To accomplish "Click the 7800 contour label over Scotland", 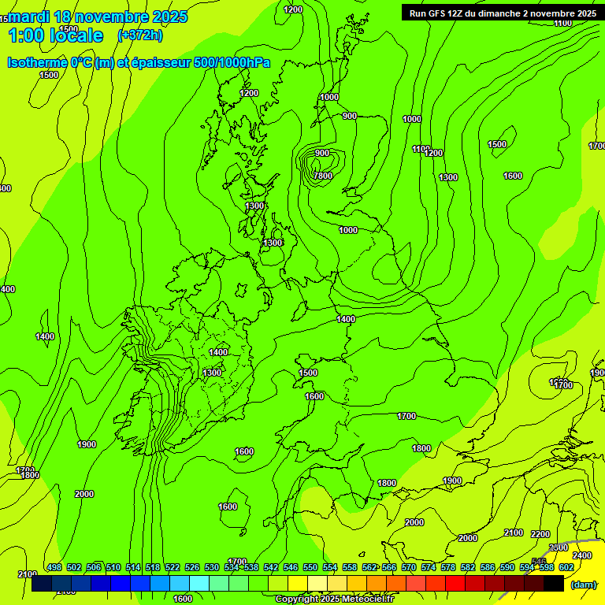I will pos(322,176).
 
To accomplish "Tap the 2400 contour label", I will pos(582,555).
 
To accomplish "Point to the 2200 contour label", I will pos(540,534).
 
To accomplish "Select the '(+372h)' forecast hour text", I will pos(139,35).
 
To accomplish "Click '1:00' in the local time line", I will pos(24,35).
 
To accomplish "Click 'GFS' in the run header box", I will pos(440,13).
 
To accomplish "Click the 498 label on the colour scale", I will pos(54,567).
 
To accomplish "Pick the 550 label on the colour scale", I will pos(310,567).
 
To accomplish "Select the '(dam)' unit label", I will pos(583,584).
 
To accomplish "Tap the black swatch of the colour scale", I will pos(554,583).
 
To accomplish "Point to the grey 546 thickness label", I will pos(539,561).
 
